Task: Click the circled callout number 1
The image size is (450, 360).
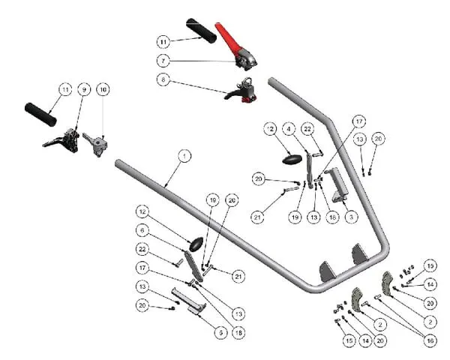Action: click(184, 155)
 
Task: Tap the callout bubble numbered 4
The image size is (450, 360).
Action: click(289, 129)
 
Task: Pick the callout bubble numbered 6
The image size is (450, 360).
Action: click(142, 229)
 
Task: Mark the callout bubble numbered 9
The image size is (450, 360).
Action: click(84, 90)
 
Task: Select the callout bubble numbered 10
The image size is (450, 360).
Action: click(103, 90)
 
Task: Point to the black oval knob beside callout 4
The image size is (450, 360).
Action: click(292, 160)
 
